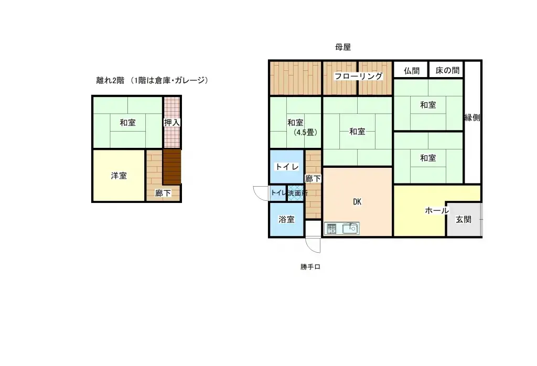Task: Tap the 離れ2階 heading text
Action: pyautogui.click(x=110, y=80)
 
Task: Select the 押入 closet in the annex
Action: pyautogui.click(x=171, y=123)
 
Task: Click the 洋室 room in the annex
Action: pyautogui.click(x=119, y=176)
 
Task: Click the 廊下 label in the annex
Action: pyautogui.click(x=163, y=193)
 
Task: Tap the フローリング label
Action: pyautogui.click(x=359, y=76)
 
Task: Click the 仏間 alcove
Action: pyautogui.click(x=411, y=70)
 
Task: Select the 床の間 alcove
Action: pyautogui.click(x=447, y=70)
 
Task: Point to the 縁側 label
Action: pyautogui.click(x=472, y=117)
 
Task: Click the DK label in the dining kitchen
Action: pyautogui.click(x=358, y=202)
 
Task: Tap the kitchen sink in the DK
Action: pyautogui.click(x=350, y=228)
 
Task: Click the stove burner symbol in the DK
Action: pyautogui.click(x=332, y=228)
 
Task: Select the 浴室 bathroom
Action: pyautogui.click(x=286, y=220)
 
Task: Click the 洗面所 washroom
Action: pyautogui.click(x=297, y=193)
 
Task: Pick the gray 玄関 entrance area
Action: pyautogui.click(x=464, y=220)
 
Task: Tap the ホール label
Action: pyautogui.click(x=436, y=211)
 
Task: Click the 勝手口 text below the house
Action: pyautogui.click(x=310, y=267)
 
